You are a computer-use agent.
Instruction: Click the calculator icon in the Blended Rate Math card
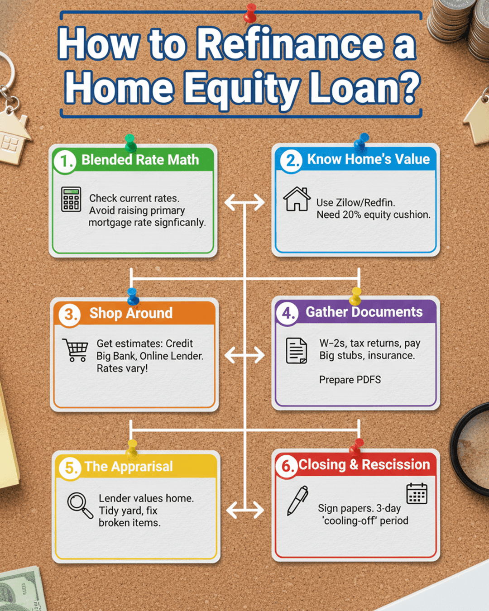[x=71, y=199]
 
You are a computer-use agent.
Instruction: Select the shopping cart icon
[x=75, y=350]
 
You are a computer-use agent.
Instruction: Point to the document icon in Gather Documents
[x=297, y=351]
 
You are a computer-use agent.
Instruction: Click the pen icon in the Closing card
[x=297, y=501]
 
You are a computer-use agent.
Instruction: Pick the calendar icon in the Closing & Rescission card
[x=417, y=493]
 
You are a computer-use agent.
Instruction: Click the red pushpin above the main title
[x=250, y=13]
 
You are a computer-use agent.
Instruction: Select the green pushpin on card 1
[x=130, y=143]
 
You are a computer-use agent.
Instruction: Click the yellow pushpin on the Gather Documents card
[x=355, y=296]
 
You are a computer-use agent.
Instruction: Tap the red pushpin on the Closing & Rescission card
[x=356, y=448]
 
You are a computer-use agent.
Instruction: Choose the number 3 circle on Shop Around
[x=70, y=315]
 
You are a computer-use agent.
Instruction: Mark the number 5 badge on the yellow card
[x=70, y=468]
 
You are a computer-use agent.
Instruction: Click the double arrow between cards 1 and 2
[x=244, y=202]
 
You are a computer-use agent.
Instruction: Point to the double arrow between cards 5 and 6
[x=245, y=510]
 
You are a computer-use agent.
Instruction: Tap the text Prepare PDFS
[x=350, y=380]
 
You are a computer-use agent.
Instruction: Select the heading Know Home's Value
[x=368, y=159]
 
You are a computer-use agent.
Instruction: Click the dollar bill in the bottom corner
[x=21, y=589]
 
